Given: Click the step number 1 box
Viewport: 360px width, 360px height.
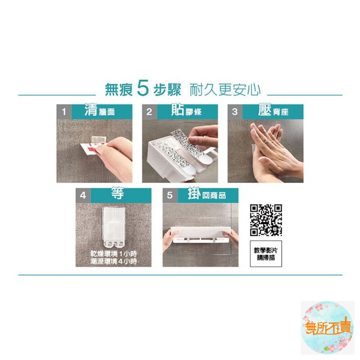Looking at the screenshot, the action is pyautogui.click(x=64, y=112).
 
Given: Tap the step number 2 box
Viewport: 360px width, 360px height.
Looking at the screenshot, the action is pyautogui.click(x=150, y=112).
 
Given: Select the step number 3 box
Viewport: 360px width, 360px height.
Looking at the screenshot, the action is pyautogui.click(x=235, y=112).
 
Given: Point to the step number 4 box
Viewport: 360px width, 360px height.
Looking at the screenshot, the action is pyautogui.click(x=83, y=195).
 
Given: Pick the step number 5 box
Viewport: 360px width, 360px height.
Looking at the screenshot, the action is pyautogui.click(x=170, y=195).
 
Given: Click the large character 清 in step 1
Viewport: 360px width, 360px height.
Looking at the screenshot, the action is pyautogui.click(x=91, y=110).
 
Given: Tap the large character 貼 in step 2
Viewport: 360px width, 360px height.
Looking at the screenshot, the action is pyautogui.click(x=178, y=110).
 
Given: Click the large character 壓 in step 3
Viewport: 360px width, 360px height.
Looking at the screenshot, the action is pyautogui.click(x=265, y=110).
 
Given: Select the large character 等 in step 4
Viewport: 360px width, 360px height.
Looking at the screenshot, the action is pyautogui.click(x=118, y=193).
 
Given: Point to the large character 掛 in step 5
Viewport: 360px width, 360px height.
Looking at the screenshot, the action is pyautogui.click(x=194, y=194).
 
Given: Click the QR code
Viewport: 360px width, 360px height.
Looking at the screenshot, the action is pyautogui.click(x=266, y=220).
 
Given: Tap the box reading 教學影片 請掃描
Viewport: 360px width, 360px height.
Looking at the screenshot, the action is pyautogui.click(x=266, y=254).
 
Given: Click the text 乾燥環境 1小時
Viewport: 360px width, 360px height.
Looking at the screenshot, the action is pyautogui.click(x=114, y=254).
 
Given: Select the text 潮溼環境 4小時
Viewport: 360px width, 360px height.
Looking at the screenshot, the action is pyautogui.click(x=114, y=261).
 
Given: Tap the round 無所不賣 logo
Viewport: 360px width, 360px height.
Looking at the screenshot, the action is pyautogui.click(x=328, y=328).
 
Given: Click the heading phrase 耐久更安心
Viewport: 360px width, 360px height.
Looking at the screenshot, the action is pyautogui.click(x=225, y=90).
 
